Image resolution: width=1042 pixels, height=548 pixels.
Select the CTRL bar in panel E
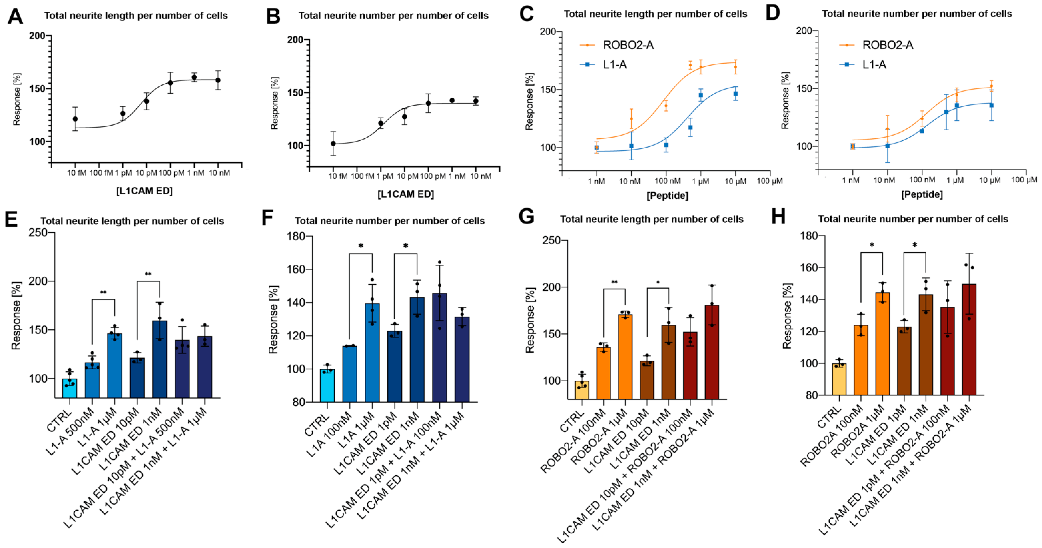tap(70, 388)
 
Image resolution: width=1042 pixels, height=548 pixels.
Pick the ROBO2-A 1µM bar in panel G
tap(625, 356)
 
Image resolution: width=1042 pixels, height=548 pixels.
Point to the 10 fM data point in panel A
tap(75, 119)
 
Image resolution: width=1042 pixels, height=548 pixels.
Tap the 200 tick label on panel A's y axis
tap(37, 36)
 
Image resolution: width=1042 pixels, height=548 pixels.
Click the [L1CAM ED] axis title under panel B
tap(406, 194)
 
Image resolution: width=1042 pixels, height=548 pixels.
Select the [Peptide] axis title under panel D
tap(922, 194)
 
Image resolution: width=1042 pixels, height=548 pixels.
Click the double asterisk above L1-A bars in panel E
tap(103, 292)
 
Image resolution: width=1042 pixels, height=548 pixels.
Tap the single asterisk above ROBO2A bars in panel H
tap(872, 245)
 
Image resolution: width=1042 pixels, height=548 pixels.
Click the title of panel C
tap(655, 14)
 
